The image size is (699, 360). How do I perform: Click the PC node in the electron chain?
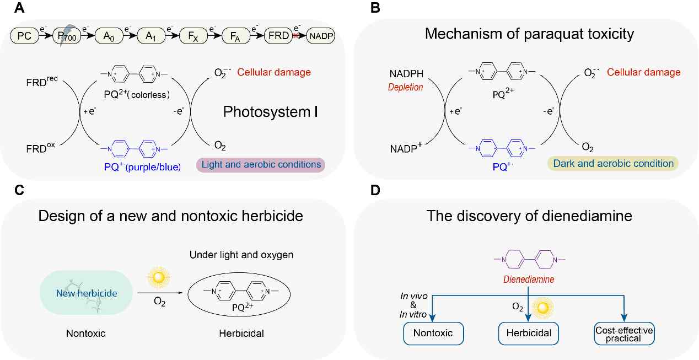24,36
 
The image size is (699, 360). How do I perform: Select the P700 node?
67,36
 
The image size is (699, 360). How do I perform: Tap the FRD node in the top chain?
278,36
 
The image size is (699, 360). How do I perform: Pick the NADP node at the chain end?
321,36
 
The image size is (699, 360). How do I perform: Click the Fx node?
193,36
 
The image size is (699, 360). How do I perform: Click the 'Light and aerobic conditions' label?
261,164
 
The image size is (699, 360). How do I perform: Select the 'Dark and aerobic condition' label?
613,164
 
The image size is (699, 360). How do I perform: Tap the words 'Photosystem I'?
271,112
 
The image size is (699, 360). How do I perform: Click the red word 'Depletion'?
405,87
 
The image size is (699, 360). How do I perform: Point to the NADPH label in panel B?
406,74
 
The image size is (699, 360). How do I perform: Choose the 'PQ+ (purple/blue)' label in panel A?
142,167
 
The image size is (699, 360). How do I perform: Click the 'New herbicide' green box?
87,293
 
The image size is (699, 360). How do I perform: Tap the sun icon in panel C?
159,277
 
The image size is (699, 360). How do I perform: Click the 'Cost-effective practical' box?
624,334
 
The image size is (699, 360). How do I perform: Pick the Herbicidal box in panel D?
529,334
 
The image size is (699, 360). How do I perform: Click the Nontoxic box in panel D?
433,334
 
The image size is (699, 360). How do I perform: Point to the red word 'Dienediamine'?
529,279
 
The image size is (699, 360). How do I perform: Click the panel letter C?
19,190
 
